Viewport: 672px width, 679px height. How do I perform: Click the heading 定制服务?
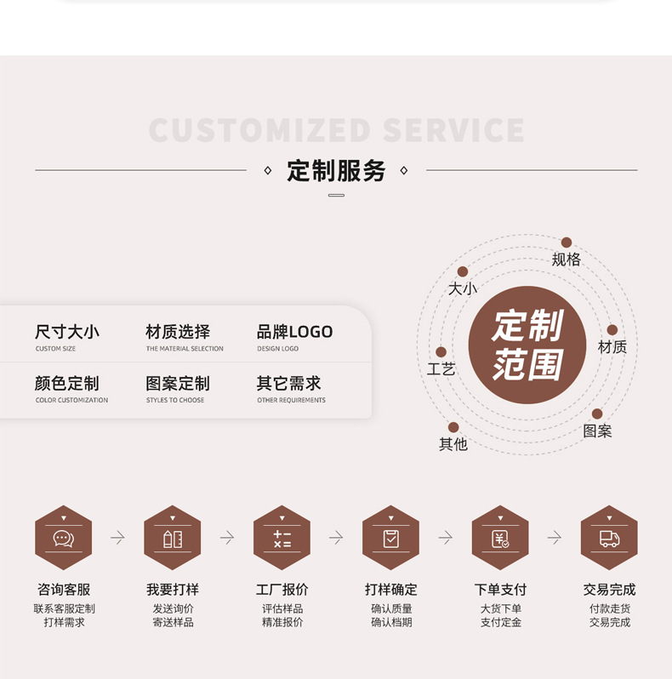pyautogui.click(x=336, y=171)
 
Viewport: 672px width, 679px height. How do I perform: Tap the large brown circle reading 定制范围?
pyautogui.click(x=527, y=345)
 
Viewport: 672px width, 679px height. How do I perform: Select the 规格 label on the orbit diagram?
pyautogui.click(x=566, y=260)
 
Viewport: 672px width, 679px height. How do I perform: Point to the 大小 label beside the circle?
pyautogui.click(x=463, y=288)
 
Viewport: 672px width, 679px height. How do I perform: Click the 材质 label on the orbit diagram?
pyautogui.click(x=612, y=347)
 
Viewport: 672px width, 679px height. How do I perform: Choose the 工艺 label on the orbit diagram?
pyautogui.click(x=441, y=369)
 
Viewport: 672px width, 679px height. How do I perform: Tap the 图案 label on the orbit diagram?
pyautogui.click(x=597, y=431)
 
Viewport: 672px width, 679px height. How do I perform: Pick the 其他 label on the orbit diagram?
pyautogui.click(x=453, y=444)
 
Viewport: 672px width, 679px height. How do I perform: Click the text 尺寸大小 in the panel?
pyautogui.click(x=67, y=332)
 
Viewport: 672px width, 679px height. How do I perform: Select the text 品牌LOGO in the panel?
pyautogui.click(x=294, y=332)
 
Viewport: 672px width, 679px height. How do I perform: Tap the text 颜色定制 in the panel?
pyautogui.click(x=67, y=384)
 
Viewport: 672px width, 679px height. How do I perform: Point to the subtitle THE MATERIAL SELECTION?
pyautogui.click(x=185, y=349)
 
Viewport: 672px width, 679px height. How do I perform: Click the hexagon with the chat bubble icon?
pyautogui.click(x=64, y=538)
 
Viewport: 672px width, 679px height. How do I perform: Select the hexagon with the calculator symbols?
pyautogui.click(x=282, y=538)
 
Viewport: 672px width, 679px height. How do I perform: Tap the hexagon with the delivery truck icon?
pyautogui.click(x=609, y=538)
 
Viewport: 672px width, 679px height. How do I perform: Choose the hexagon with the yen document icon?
pyautogui.click(x=500, y=538)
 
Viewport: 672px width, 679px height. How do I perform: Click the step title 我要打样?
pyautogui.click(x=173, y=590)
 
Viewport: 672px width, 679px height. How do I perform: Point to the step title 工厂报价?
pyautogui.click(x=282, y=590)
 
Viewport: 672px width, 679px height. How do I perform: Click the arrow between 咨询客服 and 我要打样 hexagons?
pyautogui.click(x=117, y=538)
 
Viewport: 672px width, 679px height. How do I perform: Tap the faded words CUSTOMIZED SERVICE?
pyautogui.click(x=336, y=130)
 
